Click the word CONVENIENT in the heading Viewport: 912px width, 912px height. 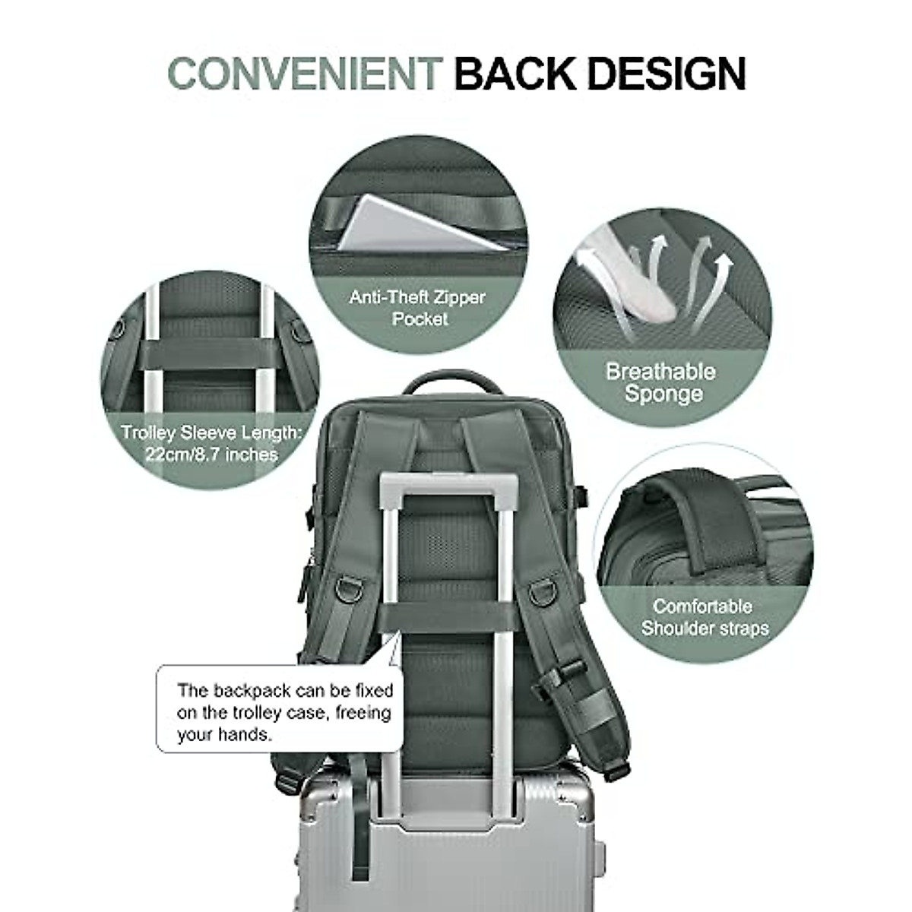click(x=304, y=74)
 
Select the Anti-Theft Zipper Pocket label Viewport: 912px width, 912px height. click(x=417, y=307)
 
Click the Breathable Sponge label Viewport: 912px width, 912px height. click(x=660, y=382)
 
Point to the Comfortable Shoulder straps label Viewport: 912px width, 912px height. click(x=704, y=617)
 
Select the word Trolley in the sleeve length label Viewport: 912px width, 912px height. click(x=149, y=433)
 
